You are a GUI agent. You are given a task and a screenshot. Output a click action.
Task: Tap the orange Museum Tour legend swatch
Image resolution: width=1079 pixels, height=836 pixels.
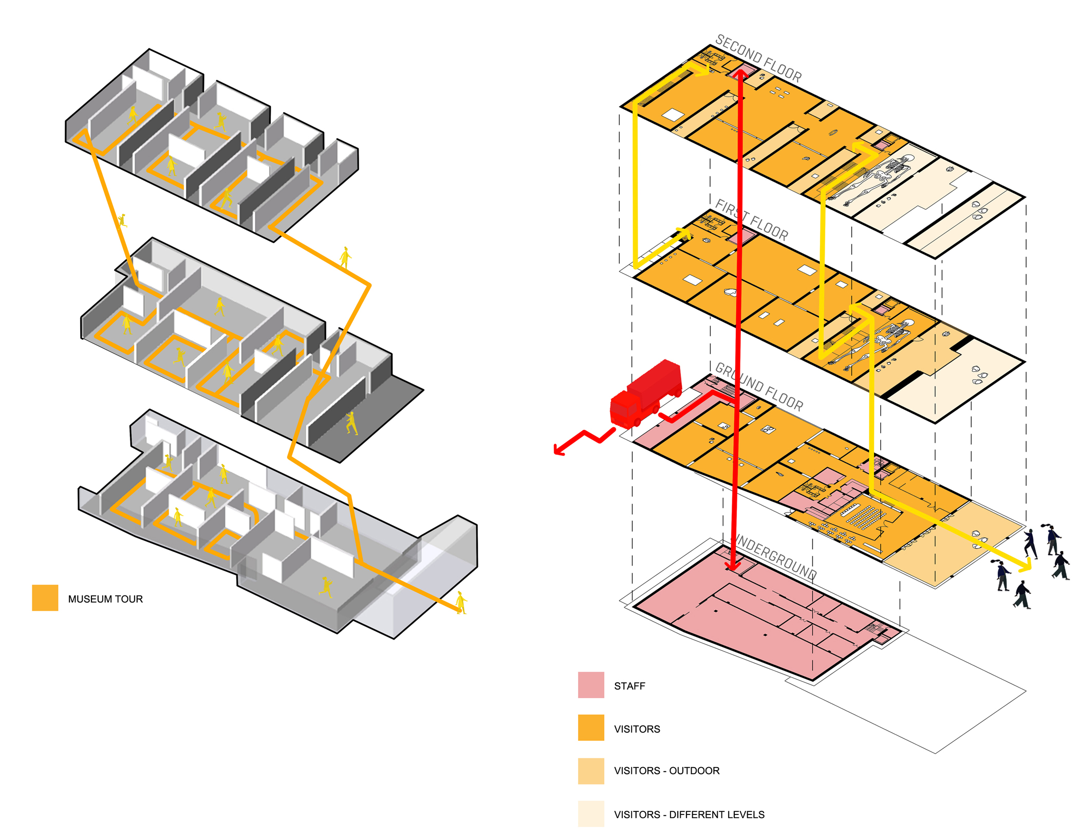[45, 598]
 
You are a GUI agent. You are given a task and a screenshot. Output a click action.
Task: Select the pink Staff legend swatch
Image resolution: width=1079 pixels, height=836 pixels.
[591, 685]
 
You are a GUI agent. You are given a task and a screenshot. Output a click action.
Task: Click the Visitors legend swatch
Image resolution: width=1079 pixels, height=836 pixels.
[591, 728]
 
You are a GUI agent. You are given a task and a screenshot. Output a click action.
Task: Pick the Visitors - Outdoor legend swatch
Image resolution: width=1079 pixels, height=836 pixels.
[591, 771]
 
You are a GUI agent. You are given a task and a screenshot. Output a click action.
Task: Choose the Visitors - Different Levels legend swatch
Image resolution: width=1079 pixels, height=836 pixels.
[591, 813]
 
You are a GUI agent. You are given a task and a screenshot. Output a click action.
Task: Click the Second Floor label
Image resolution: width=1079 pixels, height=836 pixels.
[758, 58]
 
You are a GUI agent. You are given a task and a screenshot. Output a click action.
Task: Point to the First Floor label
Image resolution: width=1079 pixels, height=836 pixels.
[752, 221]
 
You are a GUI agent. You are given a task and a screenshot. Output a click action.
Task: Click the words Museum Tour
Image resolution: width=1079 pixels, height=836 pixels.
[105, 599]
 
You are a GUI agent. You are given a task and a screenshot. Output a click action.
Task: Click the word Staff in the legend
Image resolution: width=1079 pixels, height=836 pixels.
[629, 686]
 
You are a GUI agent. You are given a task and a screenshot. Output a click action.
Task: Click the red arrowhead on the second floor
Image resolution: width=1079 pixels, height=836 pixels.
[740, 74]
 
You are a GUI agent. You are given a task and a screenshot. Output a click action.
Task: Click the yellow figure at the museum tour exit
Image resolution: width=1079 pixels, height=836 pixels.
[461, 602]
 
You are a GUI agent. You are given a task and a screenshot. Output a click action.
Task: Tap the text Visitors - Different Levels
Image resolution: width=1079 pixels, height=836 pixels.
[689, 814]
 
